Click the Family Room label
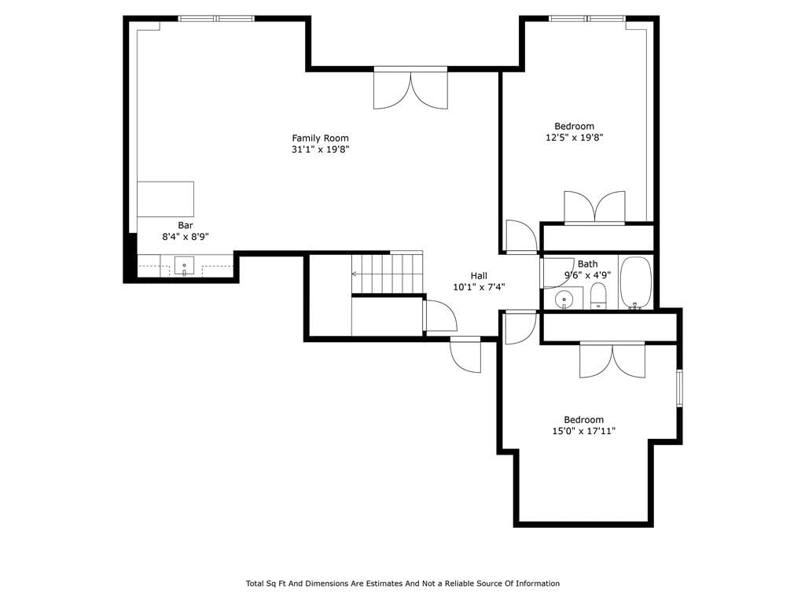321,138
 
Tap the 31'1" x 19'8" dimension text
321,150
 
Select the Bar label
186,226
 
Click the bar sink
184,266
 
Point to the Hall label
479,276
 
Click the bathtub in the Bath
635,282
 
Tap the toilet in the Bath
598,296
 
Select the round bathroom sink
564,299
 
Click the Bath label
588,264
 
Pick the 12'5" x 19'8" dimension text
575,138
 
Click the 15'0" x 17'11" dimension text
584,432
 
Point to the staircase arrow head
355,274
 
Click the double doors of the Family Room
410,88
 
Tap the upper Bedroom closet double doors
594,208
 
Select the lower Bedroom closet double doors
612,359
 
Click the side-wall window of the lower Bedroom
679,389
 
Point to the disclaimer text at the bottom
402,584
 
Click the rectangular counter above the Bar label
165,199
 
